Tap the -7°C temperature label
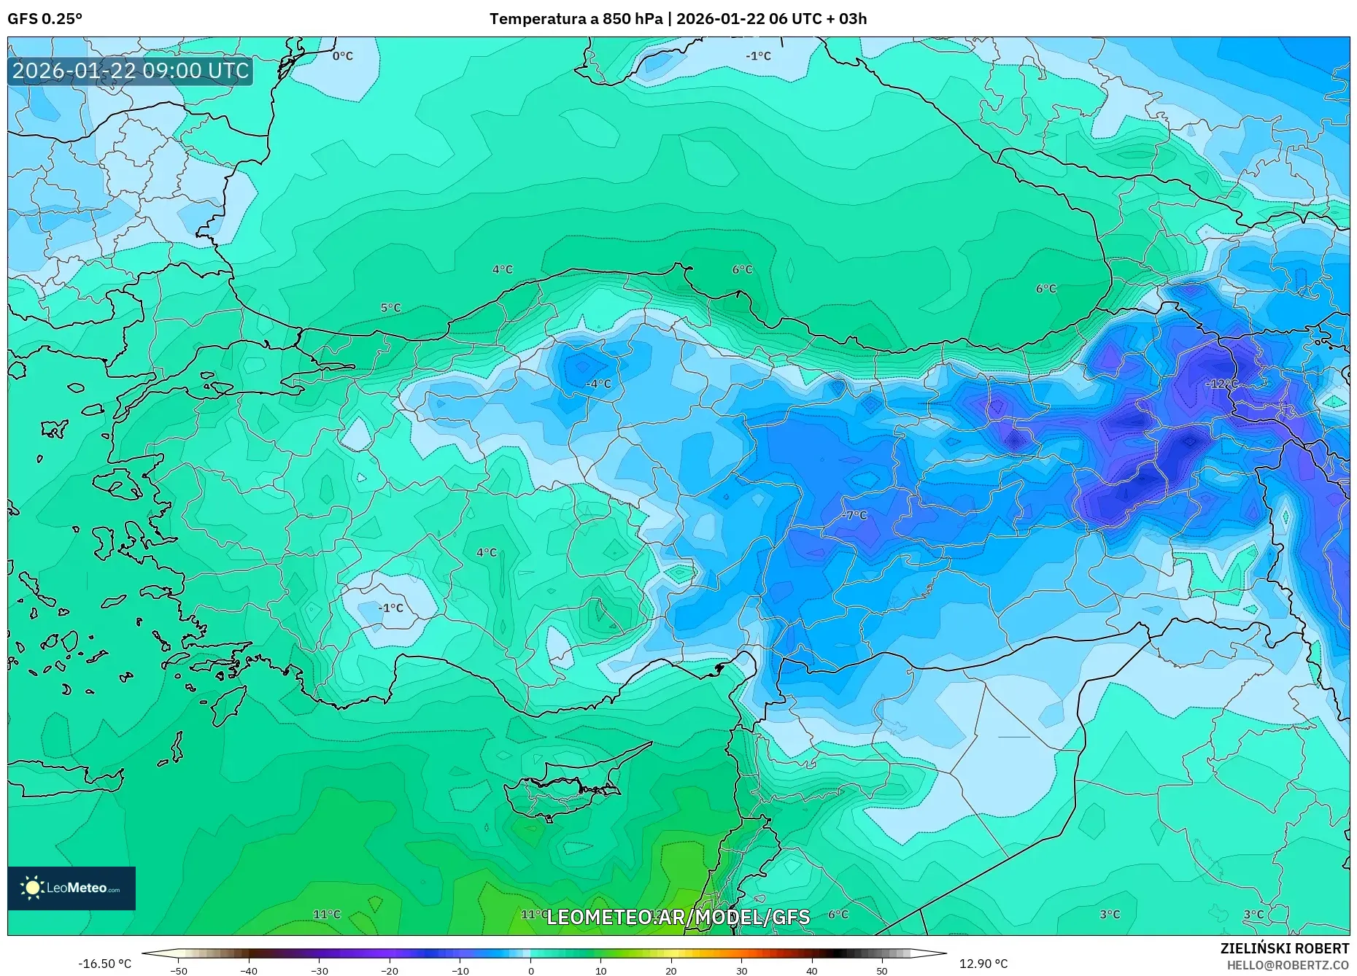pos(854,515)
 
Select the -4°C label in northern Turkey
pos(598,384)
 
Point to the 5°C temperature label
pos(390,308)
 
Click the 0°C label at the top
pos(342,56)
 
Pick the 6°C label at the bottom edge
pos(838,914)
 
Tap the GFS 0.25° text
pos(45,19)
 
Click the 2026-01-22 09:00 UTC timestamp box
pos(131,71)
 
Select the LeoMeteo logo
pos(71,888)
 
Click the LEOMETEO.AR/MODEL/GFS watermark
pos(678,917)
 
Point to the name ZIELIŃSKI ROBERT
pos(1284,948)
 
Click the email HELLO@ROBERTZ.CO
pos(1287,965)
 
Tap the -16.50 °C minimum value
pos(104,964)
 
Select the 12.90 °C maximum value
pos(983,964)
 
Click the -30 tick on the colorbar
pos(320,971)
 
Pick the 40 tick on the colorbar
pos(812,971)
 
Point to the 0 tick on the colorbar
pos(531,971)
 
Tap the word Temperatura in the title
pos(543,19)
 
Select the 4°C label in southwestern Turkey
pos(486,552)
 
